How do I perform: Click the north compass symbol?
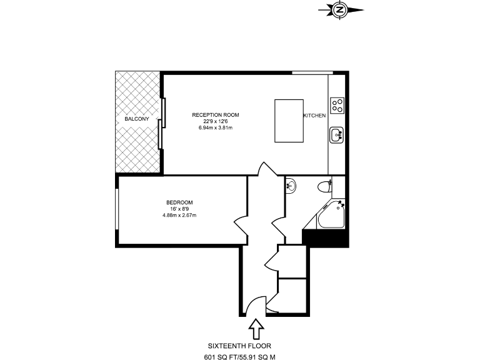click(340, 9)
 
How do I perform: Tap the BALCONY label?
click(136, 119)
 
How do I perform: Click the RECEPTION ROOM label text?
click(216, 115)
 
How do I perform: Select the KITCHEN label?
click(314, 116)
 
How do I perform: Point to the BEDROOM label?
click(179, 202)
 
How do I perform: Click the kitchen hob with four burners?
click(338, 105)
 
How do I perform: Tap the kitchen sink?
click(337, 134)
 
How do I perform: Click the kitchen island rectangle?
click(289, 120)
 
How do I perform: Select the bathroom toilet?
click(324, 186)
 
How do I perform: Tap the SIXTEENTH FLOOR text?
click(239, 345)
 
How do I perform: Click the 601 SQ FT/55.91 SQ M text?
click(239, 357)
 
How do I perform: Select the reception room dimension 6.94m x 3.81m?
click(216, 128)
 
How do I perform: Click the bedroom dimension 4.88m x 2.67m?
click(179, 216)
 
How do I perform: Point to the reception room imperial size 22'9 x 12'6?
click(216, 122)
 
